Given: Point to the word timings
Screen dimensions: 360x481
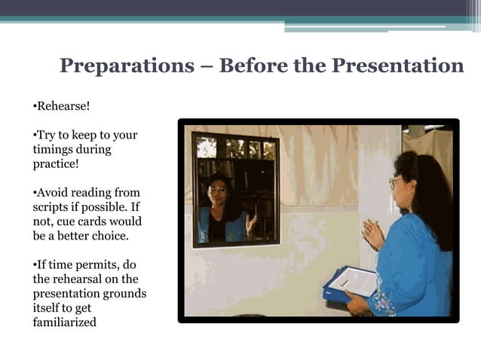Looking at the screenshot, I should (x=54, y=149).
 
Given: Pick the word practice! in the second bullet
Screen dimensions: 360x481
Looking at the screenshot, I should (x=56, y=163).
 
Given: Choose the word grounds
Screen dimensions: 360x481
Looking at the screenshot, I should (x=125, y=293).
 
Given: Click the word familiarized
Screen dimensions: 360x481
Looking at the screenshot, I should (x=64, y=322).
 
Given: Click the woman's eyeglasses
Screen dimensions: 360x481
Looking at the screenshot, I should (x=394, y=183).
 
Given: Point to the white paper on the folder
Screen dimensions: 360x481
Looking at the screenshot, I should (x=354, y=281).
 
